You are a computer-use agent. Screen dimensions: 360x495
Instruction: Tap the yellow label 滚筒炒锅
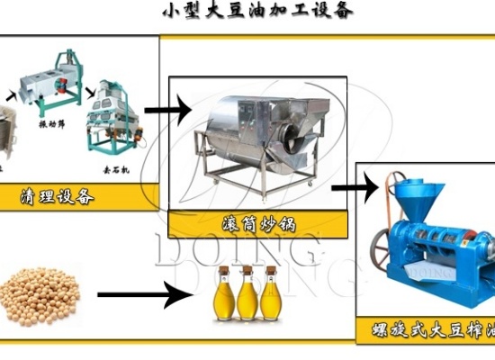coord(256,223)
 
